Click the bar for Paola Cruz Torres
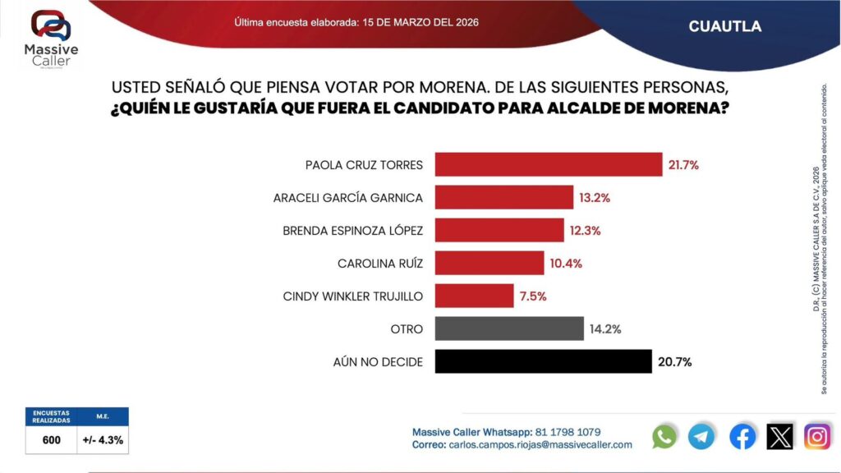(x=548, y=164)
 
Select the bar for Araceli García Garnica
(x=503, y=197)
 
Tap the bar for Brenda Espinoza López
(x=499, y=230)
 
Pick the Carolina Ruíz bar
(x=489, y=263)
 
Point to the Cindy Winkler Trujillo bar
(x=474, y=296)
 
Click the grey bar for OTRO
(x=509, y=328)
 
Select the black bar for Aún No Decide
(x=542, y=361)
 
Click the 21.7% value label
(x=683, y=165)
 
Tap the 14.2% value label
(x=604, y=329)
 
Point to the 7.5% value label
(x=531, y=296)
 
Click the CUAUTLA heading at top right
(x=724, y=26)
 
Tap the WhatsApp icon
(x=664, y=436)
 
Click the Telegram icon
(x=701, y=436)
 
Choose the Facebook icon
(x=742, y=436)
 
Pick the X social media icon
(x=779, y=436)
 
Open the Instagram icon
(x=817, y=436)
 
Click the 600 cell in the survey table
(x=52, y=440)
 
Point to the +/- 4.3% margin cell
(x=103, y=440)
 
